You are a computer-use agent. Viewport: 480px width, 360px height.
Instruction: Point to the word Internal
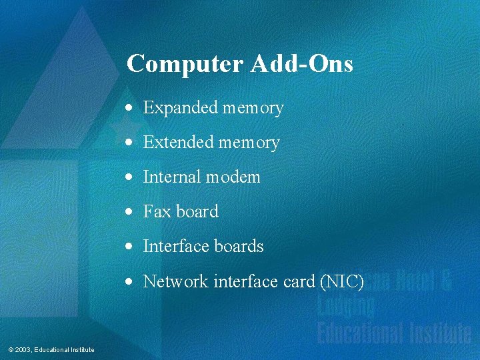point(172,177)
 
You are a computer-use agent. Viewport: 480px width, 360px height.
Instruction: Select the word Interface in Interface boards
point(175,247)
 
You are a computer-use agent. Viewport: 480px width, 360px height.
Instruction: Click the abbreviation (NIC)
point(342,282)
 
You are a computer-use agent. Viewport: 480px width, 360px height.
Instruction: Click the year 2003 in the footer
point(23,350)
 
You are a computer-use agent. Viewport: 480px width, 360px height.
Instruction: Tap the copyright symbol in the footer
point(11,350)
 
